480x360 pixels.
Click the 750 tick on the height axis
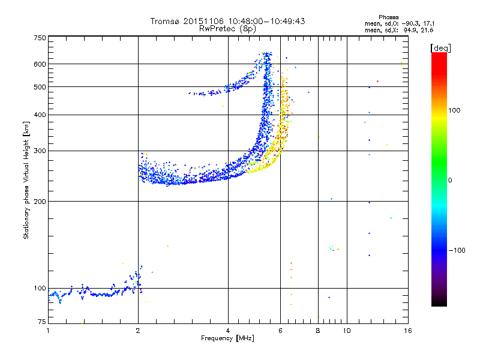[40, 38]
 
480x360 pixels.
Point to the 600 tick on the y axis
[40, 64]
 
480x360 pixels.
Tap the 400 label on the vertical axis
[40, 115]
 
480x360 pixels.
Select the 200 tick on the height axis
[40, 201]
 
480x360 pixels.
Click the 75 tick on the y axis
[41, 323]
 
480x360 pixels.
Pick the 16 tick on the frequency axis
[407, 330]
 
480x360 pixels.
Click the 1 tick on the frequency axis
[48, 330]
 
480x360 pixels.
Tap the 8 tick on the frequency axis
[318, 330]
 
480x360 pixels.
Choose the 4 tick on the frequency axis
[228, 330]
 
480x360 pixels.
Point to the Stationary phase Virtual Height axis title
[26, 180]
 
